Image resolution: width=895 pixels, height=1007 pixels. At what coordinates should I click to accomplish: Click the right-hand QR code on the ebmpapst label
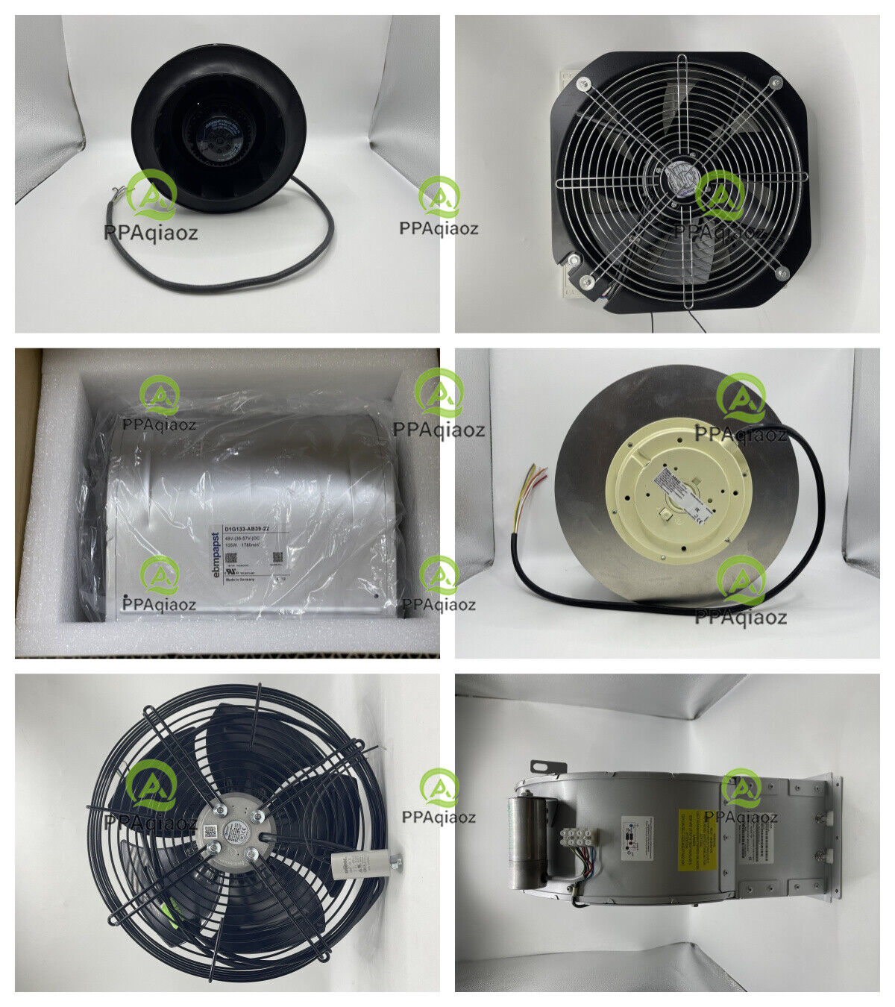tap(277, 557)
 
